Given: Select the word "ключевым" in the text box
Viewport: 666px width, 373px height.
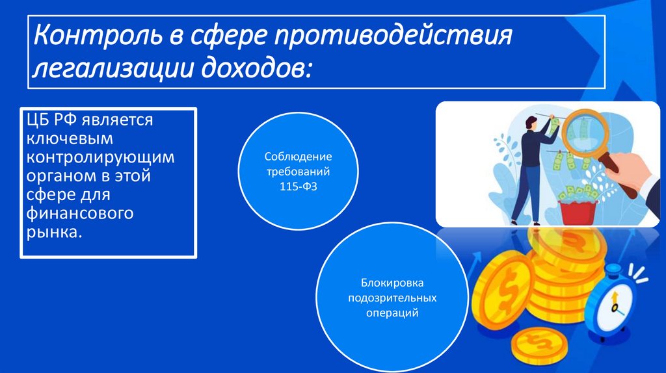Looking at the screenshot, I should pyautogui.click(x=70, y=138).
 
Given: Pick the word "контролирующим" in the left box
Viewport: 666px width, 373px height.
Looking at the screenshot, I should pyautogui.click(x=100, y=158).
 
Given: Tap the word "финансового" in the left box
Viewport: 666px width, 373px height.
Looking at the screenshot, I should pyautogui.click(x=80, y=214).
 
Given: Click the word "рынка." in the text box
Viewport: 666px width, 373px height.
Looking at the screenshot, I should pyautogui.click(x=55, y=232).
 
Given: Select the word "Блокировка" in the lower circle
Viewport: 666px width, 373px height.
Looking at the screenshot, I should pyautogui.click(x=392, y=284).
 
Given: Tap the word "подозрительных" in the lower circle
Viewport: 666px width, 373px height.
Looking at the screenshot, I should pyautogui.click(x=392, y=298).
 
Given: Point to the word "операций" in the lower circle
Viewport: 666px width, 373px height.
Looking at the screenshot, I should pyautogui.click(x=392, y=313).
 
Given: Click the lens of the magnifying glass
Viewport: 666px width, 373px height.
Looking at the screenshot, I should pyautogui.click(x=585, y=133).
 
